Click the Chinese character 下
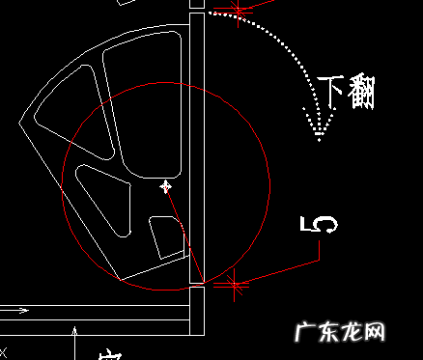[x=331, y=94]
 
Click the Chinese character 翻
[x=361, y=93]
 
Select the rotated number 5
[x=319, y=225]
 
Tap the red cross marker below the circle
[x=231, y=283]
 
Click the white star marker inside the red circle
[x=166, y=186]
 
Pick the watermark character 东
[x=326, y=333]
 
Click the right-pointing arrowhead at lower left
[x=24, y=311]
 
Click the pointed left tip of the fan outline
[x=21, y=123]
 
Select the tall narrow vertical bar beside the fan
[x=197, y=145]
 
